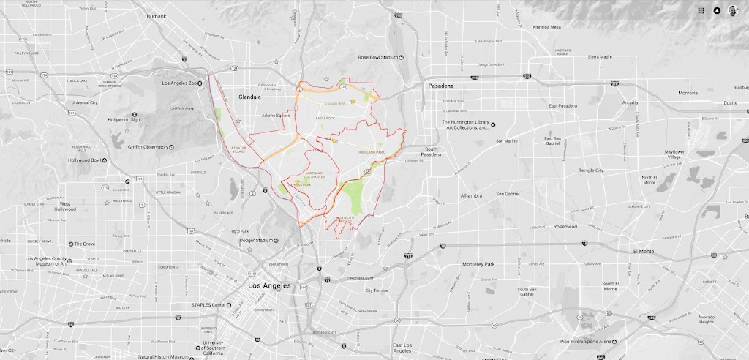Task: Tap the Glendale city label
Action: click(x=249, y=96)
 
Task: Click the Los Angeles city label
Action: click(x=270, y=285)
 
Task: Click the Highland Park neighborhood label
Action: click(x=371, y=151)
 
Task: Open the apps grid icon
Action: click(x=701, y=10)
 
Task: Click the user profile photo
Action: click(x=733, y=10)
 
